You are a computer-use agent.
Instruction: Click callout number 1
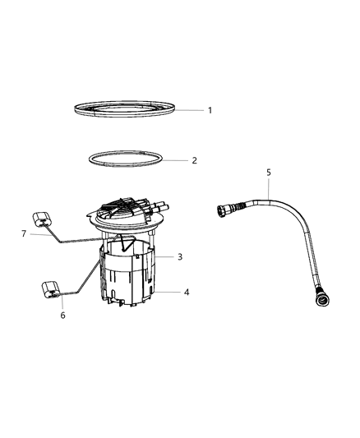[210, 110]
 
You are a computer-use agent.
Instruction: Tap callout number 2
[194, 160]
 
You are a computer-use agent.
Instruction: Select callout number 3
[180, 256]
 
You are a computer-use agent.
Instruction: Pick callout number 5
[267, 173]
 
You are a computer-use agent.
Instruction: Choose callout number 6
[62, 315]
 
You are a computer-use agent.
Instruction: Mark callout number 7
[25, 234]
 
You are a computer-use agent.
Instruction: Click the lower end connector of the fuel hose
[321, 297]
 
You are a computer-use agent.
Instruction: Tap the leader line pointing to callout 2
[176, 160]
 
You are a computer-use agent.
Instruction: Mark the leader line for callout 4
[168, 292]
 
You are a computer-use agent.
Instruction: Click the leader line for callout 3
[164, 257]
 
